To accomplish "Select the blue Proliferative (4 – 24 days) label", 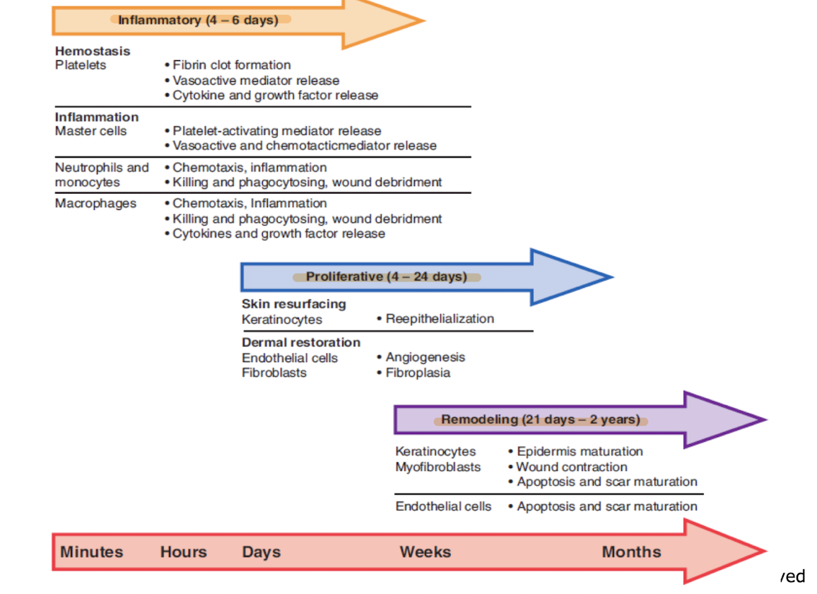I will pos(386,276).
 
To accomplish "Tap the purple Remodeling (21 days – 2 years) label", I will pos(541,419).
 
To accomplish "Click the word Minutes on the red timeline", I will pos(92,552).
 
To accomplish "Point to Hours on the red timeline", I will pos(184,552).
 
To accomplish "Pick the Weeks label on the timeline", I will pos(425,552).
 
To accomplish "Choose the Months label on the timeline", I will pos(631,552).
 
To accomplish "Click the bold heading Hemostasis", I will pos(93,51).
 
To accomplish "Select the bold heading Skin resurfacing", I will pos(294,304).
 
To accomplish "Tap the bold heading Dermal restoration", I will pos(301,342).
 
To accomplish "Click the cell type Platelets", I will pos(81,65).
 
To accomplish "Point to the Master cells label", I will pos(91,131).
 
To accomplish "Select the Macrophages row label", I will pos(96,204).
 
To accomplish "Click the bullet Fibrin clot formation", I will pos(231,65).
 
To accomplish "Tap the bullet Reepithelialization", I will pos(440,319).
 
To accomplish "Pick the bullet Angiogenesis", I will pos(425,358).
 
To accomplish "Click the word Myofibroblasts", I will pos(438,467).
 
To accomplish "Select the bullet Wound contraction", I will pos(571,467).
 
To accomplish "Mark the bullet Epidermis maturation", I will pos(580,451).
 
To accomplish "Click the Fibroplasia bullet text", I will pos(417,373).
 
